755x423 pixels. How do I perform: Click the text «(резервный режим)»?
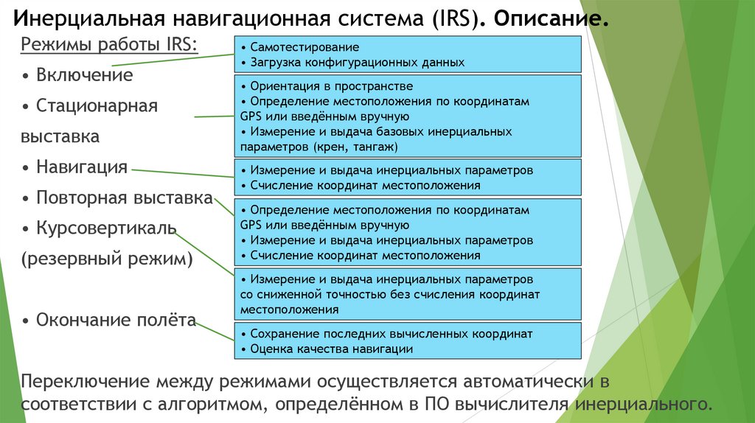pyautogui.click(x=107, y=259)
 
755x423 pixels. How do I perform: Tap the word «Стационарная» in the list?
pyautogui.click(x=97, y=106)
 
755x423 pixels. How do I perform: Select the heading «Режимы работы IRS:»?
pyautogui.click(x=109, y=45)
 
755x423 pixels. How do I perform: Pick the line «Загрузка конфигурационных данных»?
pyautogui.click(x=357, y=63)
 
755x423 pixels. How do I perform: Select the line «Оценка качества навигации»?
pyautogui.click(x=331, y=349)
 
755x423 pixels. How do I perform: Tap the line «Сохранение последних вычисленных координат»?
pyautogui.click(x=391, y=334)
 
